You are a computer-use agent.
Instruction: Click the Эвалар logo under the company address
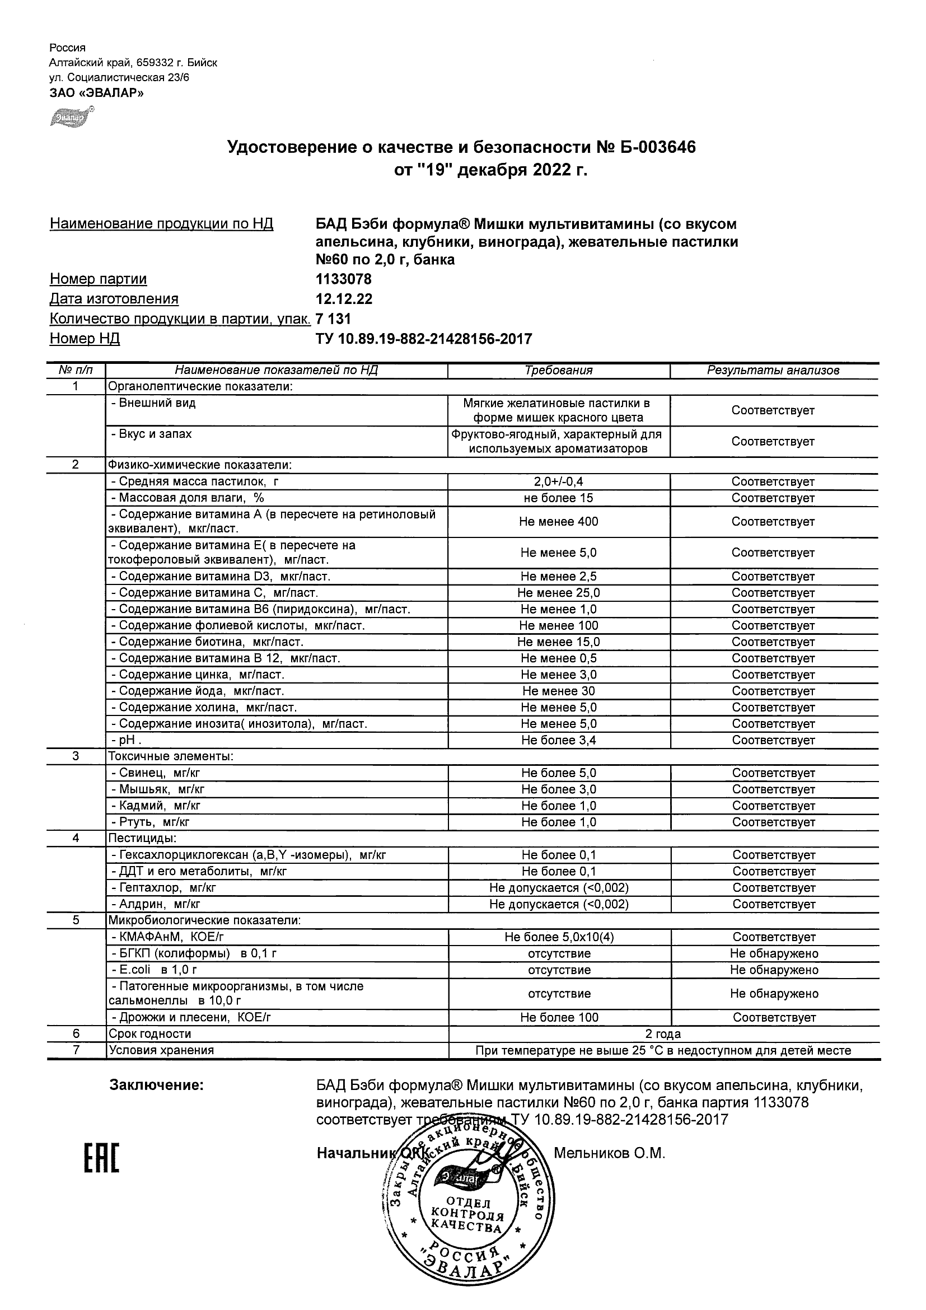click(x=72, y=117)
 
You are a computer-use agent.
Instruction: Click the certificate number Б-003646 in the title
click(x=657, y=148)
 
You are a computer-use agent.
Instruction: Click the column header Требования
click(x=559, y=370)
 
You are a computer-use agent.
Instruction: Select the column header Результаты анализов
click(x=773, y=370)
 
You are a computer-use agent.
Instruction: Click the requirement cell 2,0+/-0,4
click(x=559, y=481)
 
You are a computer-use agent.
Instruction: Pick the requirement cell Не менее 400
click(x=559, y=522)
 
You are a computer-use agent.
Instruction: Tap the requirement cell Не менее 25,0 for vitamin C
click(x=559, y=593)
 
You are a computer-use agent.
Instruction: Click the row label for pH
click(x=126, y=741)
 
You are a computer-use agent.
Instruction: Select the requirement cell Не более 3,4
click(x=559, y=741)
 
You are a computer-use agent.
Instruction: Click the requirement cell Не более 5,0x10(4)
click(x=559, y=937)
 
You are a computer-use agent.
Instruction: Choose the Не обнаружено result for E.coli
click(x=774, y=970)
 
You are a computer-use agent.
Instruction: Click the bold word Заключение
click(x=156, y=1084)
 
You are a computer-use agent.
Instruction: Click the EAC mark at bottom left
click(x=101, y=1158)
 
